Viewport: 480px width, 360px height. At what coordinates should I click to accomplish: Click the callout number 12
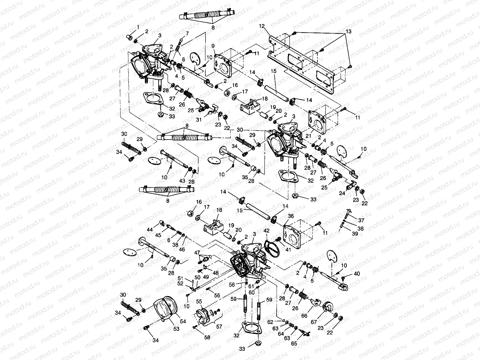[262, 27]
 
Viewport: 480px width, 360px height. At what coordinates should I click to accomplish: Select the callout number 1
[138, 27]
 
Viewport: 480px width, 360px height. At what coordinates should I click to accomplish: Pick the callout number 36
[290, 216]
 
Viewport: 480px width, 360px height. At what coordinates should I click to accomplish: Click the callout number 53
[176, 329]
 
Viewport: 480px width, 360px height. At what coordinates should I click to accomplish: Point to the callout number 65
[294, 343]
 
